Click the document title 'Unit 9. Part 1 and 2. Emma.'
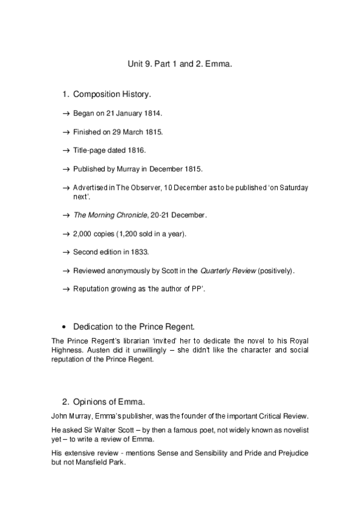tap(180, 63)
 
